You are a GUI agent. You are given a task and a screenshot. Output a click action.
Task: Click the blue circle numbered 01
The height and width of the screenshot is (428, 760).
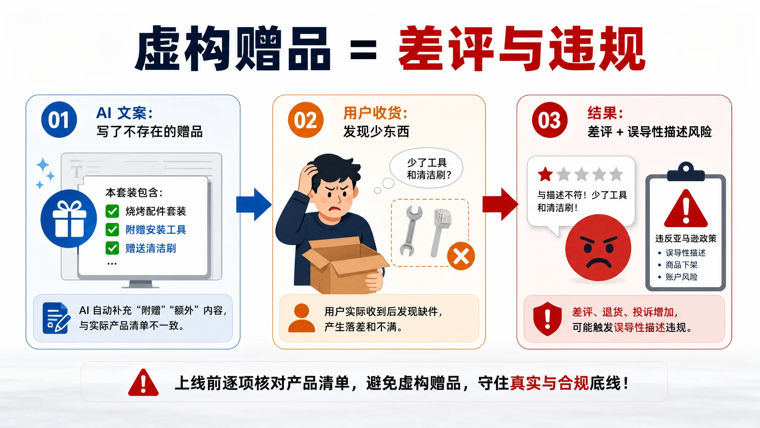[59, 120]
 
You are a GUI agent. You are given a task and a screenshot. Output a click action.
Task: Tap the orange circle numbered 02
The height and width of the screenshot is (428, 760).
[306, 120]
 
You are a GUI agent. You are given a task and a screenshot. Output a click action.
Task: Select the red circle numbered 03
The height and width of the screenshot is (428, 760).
[550, 120]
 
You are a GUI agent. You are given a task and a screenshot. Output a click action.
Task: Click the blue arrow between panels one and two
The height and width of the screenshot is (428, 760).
[254, 204]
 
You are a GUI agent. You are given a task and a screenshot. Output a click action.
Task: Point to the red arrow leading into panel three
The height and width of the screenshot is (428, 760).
[500, 204]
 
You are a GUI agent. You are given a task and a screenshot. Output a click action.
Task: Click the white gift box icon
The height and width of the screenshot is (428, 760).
[69, 219]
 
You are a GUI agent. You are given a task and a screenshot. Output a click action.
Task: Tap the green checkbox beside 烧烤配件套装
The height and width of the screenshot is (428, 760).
[112, 211]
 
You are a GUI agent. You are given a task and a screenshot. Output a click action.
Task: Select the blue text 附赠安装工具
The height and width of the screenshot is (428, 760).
[155, 230]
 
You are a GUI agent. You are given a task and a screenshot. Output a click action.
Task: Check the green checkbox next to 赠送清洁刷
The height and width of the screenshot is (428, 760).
[112, 248]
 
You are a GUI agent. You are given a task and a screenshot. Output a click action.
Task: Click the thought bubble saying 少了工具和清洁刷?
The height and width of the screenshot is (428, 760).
[426, 168]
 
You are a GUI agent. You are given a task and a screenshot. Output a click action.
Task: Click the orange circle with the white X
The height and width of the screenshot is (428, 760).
[461, 256]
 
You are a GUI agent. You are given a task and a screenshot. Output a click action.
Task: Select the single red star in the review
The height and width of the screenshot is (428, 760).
[545, 174]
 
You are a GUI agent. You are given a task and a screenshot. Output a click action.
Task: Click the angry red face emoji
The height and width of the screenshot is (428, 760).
[598, 247]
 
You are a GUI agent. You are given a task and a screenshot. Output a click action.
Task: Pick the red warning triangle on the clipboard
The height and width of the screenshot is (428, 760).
[686, 209]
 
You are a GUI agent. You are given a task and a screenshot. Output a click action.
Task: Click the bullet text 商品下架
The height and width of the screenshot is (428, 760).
[681, 265]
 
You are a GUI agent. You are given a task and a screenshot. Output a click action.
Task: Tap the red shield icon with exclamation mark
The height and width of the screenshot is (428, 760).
[547, 319]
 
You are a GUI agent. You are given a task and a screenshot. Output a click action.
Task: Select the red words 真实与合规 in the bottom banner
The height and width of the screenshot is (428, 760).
[549, 383]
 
